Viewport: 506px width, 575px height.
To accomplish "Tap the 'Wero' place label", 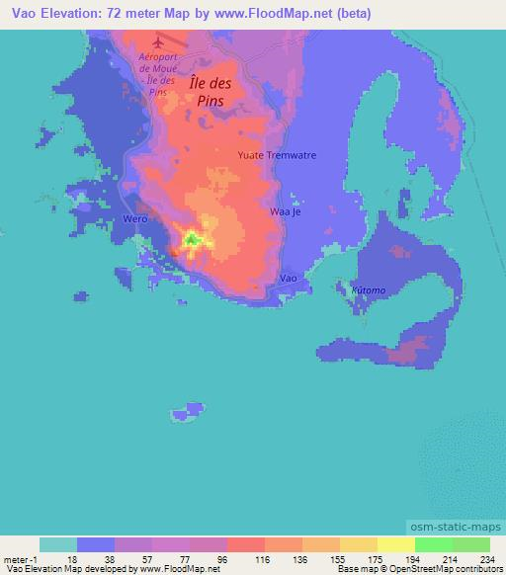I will (134, 218).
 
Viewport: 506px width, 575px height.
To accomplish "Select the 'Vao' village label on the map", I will (288, 280).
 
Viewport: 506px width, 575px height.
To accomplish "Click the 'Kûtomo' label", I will (369, 290).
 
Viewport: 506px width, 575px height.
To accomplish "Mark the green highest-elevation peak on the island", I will (193, 238).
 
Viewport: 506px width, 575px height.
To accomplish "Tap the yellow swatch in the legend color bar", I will (395, 544).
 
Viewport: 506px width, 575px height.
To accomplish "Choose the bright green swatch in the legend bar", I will (433, 544).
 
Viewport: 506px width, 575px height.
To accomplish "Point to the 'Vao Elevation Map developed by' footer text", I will (69, 569).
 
